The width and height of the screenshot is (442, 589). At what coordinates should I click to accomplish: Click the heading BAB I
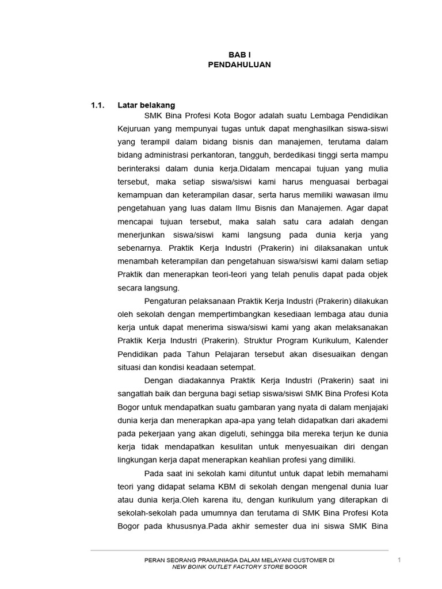coord(239,54)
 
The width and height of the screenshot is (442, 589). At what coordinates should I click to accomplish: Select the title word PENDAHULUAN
coord(239,65)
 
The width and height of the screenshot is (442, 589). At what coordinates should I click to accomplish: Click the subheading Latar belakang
coord(146,105)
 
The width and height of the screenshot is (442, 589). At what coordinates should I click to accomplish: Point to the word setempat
coord(236,367)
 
